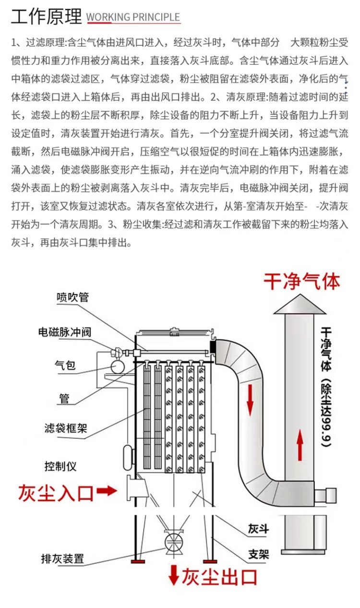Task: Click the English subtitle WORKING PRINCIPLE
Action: pos(133,18)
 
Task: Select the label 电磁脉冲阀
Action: pos(65,332)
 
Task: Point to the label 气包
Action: pos(64,365)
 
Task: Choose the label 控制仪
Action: pos(60,466)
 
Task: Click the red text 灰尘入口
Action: pos(56,493)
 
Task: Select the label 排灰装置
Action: pos(62,559)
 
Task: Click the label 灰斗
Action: pos(258,530)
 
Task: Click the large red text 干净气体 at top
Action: pos(301,281)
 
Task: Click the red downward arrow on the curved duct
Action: pos(250,401)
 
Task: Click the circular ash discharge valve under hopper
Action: pos(173,541)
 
